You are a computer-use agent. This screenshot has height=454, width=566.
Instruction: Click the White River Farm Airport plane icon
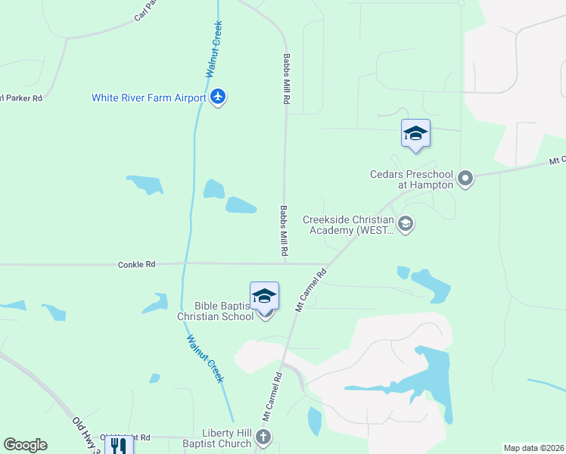pyautogui.click(x=219, y=98)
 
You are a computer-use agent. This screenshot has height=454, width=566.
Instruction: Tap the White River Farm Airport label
pyautogui.click(x=148, y=98)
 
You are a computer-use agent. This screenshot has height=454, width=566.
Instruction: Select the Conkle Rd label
pyautogui.click(x=136, y=264)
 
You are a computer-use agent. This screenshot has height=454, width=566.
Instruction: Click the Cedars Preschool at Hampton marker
pyautogui.click(x=465, y=179)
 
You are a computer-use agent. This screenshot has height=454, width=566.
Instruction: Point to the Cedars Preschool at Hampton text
pyautogui.click(x=412, y=179)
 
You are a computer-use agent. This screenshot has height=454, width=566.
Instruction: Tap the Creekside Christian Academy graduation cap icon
pyautogui.click(x=406, y=224)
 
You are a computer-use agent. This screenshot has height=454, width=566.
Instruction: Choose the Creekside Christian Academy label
pyautogui.click(x=349, y=225)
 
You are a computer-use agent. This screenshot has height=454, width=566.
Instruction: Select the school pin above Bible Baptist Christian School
pyautogui.click(x=265, y=295)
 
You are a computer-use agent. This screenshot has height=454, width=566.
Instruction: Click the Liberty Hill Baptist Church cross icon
pyautogui.click(x=263, y=437)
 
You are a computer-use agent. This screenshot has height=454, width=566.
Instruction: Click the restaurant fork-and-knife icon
pyautogui.click(x=117, y=445)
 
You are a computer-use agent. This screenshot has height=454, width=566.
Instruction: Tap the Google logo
pyautogui.click(x=25, y=444)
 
